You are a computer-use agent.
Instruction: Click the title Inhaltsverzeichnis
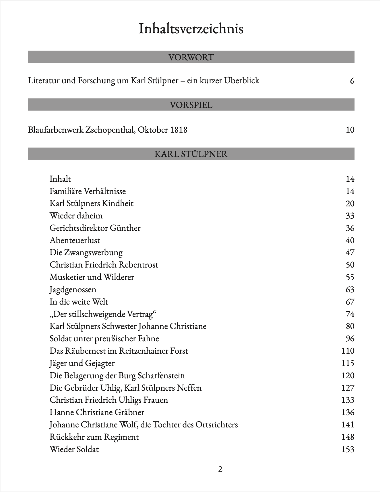tap(191, 29)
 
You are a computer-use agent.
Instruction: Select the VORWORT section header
tap(191, 57)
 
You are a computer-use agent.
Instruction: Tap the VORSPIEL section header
tap(191, 105)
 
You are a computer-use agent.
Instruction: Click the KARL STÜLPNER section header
tap(191, 154)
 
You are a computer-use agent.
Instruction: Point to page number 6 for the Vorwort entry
tap(352, 81)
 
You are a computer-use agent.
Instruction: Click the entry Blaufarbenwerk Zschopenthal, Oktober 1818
tap(108, 130)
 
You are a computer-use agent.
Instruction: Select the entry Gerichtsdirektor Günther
tap(95, 228)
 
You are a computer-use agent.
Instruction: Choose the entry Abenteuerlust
tap(75, 240)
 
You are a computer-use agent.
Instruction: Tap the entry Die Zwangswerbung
tap(86, 253)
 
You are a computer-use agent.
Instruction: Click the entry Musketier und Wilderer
tap(92, 277)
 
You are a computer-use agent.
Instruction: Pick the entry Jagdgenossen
tap(73, 289)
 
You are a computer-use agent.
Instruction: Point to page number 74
tap(350, 314)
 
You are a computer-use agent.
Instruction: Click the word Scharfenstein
tap(161, 375)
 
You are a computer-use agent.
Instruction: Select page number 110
tap(348, 351)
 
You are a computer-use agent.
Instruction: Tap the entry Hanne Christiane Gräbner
tap(97, 412)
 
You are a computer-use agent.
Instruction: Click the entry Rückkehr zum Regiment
tap(94, 437)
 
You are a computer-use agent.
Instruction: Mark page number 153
tap(348, 449)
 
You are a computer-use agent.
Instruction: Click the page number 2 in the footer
tap(220, 469)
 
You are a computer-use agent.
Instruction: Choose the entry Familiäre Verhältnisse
tap(88, 191)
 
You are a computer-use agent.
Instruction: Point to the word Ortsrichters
tap(217, 425)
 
